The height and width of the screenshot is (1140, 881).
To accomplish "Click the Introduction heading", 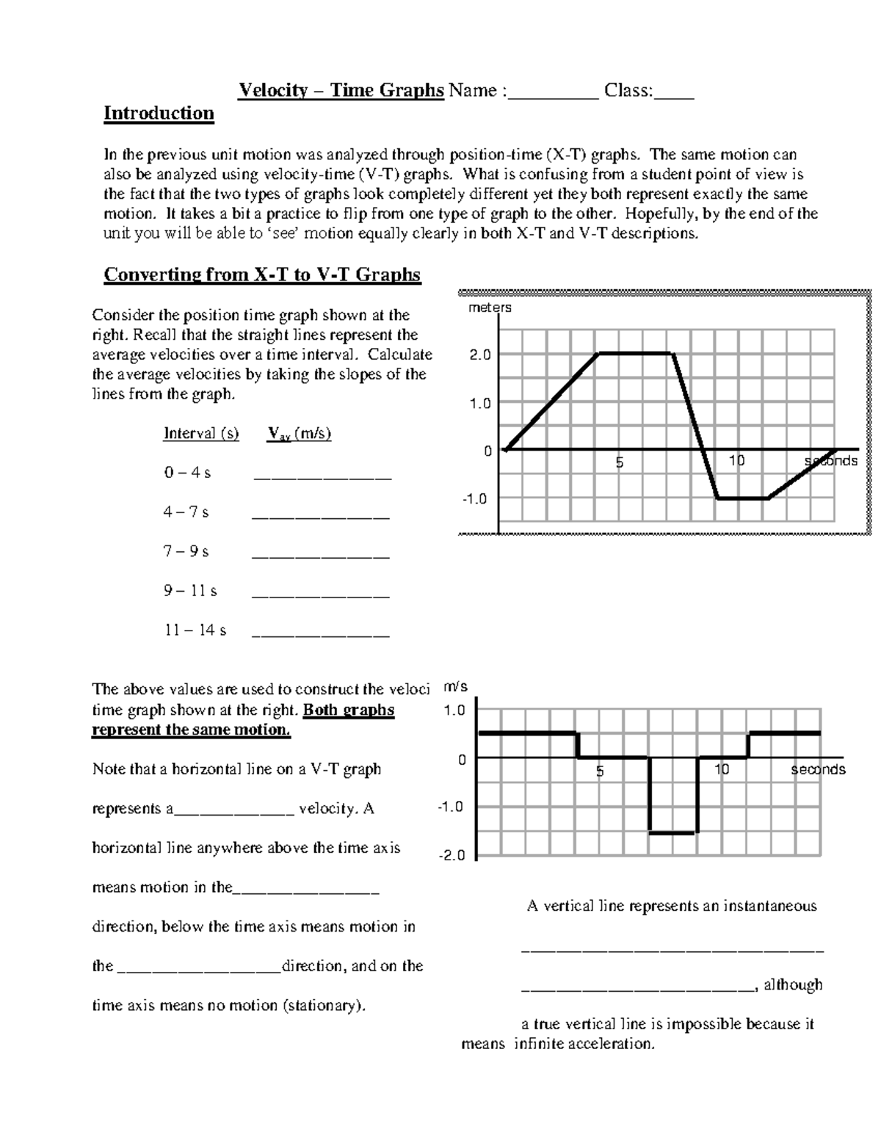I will (x=159, y=113).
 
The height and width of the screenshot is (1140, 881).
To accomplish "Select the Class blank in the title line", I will (x=674, y=92).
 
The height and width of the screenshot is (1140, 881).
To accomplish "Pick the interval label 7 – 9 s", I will (x=186, y=551).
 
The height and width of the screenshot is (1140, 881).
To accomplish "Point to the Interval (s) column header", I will (x=201, y=434).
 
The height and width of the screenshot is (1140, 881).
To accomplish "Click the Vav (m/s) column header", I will (x=299, y=434).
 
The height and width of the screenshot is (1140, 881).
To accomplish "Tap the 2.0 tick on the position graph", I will (x=480, y=355).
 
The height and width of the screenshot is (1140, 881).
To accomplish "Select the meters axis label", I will (x=490, y=308).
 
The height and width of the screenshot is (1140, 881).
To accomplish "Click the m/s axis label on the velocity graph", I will (x=455, y=687).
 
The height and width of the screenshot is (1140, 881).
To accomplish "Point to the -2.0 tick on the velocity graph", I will (x=451, y=856).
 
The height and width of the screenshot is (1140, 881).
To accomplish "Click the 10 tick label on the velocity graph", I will (x=722, y=769).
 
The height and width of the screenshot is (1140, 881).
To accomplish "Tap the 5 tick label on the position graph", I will (x=620, y=462).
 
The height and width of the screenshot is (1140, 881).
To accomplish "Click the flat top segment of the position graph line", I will (x=636, y=354).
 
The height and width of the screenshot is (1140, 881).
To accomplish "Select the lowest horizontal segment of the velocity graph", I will (x=672, y=832).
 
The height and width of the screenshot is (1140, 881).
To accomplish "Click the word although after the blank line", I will (x=793, y=985).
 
